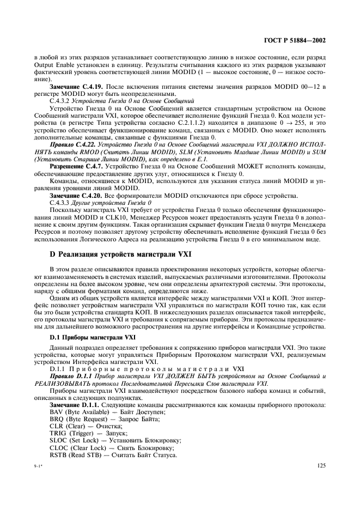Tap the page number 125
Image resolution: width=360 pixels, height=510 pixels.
pos(320,465)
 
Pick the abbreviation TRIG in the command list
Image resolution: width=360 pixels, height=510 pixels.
pos(58,433)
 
